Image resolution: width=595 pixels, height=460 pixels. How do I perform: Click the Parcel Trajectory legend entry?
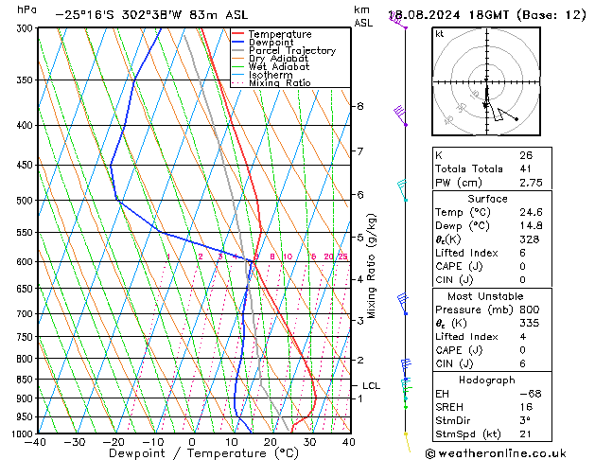click(291, 51)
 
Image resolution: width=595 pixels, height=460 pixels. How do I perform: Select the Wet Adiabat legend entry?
click(279, 67)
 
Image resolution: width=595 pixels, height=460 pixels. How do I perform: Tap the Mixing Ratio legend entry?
click(280, 83)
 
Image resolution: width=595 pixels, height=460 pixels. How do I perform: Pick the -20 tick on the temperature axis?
click(114, 442)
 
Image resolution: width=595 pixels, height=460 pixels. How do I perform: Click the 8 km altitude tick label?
click(359, 106)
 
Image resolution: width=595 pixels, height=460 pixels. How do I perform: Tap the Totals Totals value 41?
click(525, 168)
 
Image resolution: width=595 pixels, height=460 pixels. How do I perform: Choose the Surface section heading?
click(488, 199)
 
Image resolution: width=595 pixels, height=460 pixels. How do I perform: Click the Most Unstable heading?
click(488, 296)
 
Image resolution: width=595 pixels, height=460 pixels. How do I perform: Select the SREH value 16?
click(525, 407)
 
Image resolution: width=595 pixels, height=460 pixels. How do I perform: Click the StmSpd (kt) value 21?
click(525, 434)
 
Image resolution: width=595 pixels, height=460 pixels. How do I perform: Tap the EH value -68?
click(528, 393)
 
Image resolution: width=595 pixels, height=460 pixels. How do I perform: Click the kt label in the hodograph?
click(439, 34)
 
